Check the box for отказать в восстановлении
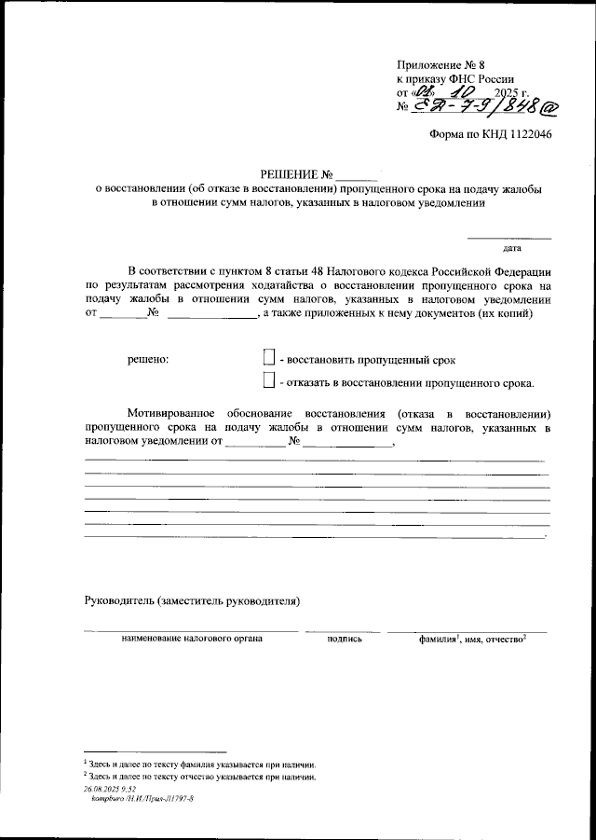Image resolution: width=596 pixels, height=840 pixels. pyautogui.click(x=269, y=380)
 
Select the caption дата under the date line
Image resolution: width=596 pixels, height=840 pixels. pyautogui.click(x=511, y=249)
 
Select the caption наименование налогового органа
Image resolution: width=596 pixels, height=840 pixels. pyautogui.click(x=191, y=639)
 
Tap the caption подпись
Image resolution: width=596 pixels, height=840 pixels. pyautogui.click(x=345, y=640)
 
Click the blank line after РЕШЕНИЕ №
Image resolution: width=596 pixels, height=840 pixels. pyautogui.click(x=358, y=173)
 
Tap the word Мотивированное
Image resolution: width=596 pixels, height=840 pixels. pyautogui.click(x=171, y=412)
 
